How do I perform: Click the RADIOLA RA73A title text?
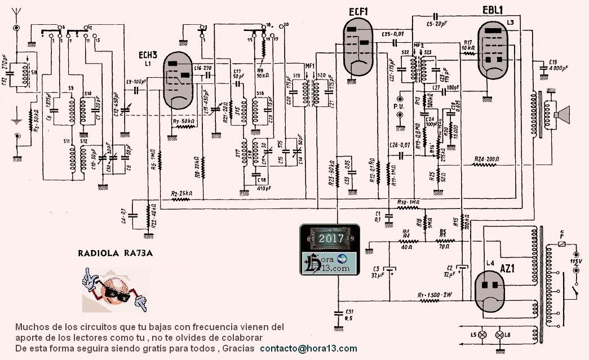(x=114, y=253)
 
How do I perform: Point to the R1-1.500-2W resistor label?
(x=435, y=295)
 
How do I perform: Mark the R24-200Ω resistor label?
(x=486, y=159)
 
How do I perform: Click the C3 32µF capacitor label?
(x=377, y=272)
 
